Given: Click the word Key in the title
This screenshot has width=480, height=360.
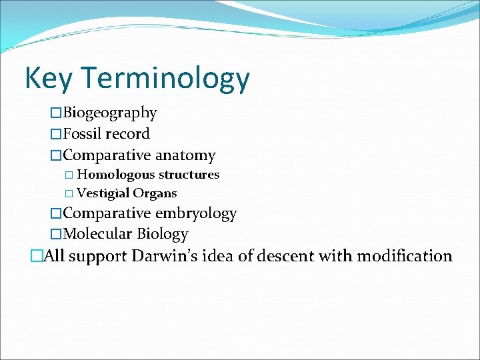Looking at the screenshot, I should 46,79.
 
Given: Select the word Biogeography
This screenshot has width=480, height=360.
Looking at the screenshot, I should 110,113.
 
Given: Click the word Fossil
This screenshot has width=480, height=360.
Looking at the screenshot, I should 84,134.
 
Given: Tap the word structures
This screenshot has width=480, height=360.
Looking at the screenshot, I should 189,175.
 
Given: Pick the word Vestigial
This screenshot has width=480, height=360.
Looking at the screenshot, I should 103,193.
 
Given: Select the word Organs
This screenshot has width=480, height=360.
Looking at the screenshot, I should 155,193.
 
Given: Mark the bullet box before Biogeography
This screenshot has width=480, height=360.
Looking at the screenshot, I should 57,113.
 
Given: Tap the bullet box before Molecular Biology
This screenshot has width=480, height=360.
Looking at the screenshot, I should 57,234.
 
